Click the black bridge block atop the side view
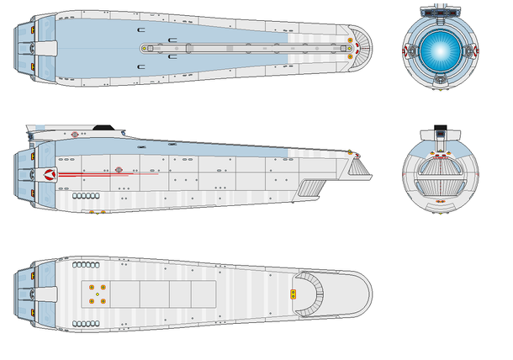(x=102, y=126)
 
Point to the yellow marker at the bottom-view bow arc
(x=293, y=294)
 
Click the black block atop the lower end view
(x=438, y=131)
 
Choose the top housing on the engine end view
(x=438, y=11)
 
